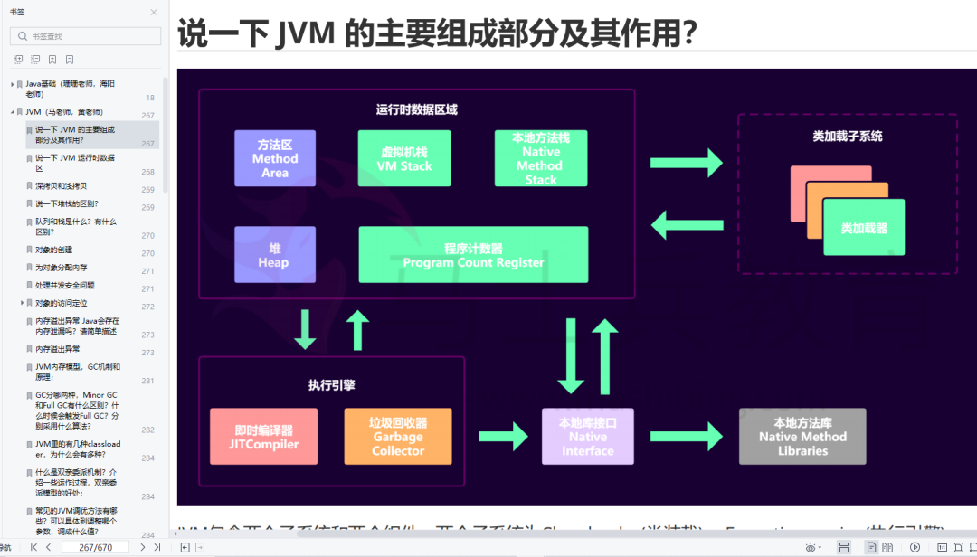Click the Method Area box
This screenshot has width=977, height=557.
coord(275,158)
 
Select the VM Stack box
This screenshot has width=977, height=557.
coord(404,158)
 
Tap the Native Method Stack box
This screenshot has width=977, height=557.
coord(541,158)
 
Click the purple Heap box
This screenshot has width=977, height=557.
coord(275,254)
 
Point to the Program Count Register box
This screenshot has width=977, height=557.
coord(473,254)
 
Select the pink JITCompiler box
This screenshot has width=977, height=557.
coord(262,436)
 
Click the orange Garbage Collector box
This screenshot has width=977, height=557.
coord(397,436)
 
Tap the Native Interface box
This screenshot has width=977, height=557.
coord(587,436)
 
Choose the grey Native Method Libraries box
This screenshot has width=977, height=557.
coord(802,436)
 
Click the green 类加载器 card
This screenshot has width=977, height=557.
coord(864,227)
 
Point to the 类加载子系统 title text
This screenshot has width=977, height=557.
coord(847,137)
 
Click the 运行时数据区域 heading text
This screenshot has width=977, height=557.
coord(416,109)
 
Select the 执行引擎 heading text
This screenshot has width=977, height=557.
coord(330,384)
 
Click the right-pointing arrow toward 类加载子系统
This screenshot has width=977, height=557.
coord(687,163)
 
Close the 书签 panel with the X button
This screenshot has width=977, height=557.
coord(153,12)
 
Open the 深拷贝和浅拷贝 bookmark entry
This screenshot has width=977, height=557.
coord(62,185)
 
